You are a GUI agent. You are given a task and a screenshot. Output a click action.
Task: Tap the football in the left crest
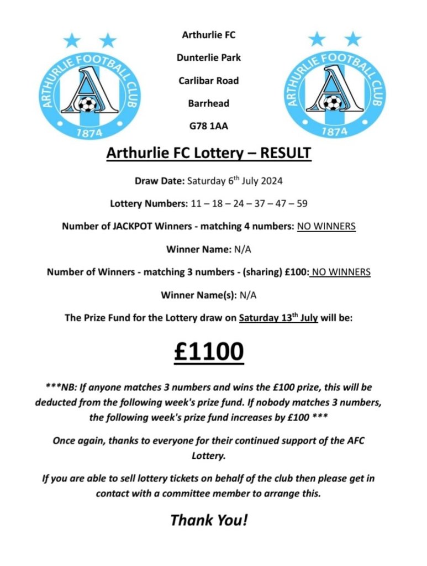pos(87,104)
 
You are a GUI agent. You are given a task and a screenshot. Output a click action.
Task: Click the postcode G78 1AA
pos(208,126)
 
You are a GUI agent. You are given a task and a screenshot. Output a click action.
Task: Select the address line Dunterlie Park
pos(208,57)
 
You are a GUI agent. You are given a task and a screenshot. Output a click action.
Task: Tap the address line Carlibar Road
pos(208,81)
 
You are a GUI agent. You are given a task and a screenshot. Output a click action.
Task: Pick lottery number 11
pos(196,203)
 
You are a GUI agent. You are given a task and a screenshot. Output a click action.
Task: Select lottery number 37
pos(259,203)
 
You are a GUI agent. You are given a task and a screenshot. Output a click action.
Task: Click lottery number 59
pos(302,203)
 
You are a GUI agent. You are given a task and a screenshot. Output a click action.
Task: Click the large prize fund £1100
pos(209,352)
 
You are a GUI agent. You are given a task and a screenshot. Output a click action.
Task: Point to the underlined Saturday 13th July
pos(278,318)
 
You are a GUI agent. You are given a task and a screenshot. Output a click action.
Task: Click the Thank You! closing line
pos(209,520)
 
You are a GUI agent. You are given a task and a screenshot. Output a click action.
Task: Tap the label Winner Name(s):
pos(198,295)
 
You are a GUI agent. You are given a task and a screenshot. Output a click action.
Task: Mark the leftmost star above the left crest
pos(72,40)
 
